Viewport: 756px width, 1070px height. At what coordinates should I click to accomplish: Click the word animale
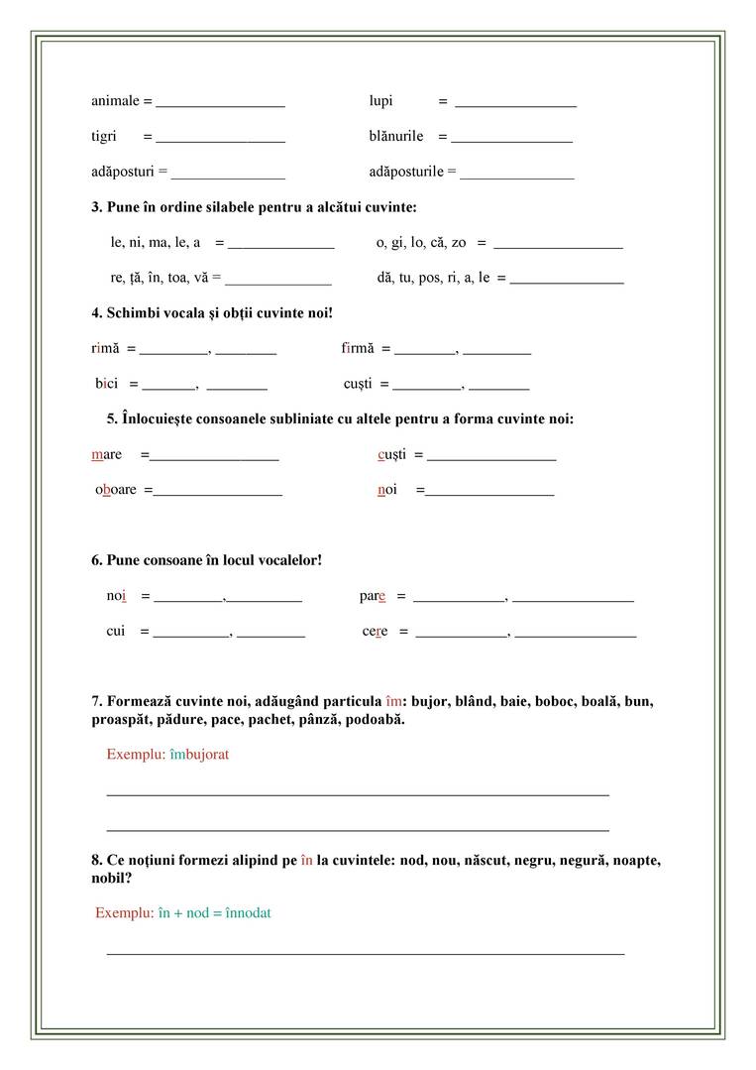click(115, 101)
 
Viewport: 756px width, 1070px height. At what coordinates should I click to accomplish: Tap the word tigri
click(104, 136)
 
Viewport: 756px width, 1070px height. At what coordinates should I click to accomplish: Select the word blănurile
click(396, 136)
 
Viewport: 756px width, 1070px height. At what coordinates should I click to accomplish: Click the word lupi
click(380, 101)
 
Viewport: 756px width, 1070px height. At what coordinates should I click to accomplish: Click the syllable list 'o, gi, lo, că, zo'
click(421, 242)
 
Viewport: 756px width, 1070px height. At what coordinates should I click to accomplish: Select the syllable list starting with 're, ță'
click(159, 278)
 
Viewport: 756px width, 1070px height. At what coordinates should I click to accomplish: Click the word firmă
click(358, 349)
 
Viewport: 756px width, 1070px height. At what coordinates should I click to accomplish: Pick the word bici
click(106, 384)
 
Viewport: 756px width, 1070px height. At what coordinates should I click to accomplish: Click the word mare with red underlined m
click(106, 454)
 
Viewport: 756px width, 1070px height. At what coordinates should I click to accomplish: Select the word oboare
click(116, 490)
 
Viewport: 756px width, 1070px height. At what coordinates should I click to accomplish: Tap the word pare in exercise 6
click(372, 597)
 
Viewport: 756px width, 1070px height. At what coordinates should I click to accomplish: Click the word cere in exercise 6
click(375, 632)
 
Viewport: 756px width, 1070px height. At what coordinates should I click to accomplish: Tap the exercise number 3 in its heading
click(96, 207)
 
